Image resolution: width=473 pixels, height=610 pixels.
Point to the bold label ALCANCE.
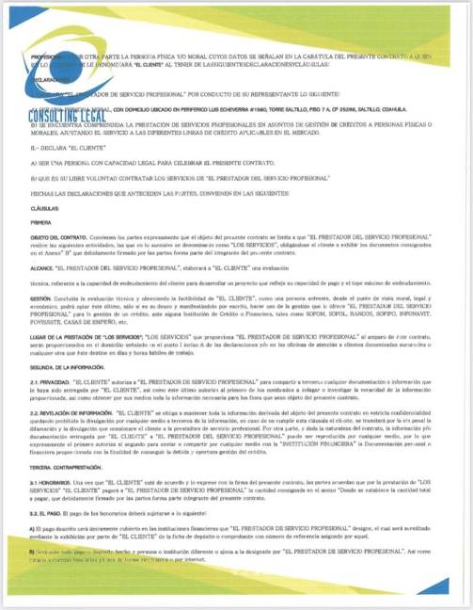click(x=44, y=269)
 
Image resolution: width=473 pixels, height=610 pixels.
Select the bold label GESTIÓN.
click(x=43, y=299)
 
